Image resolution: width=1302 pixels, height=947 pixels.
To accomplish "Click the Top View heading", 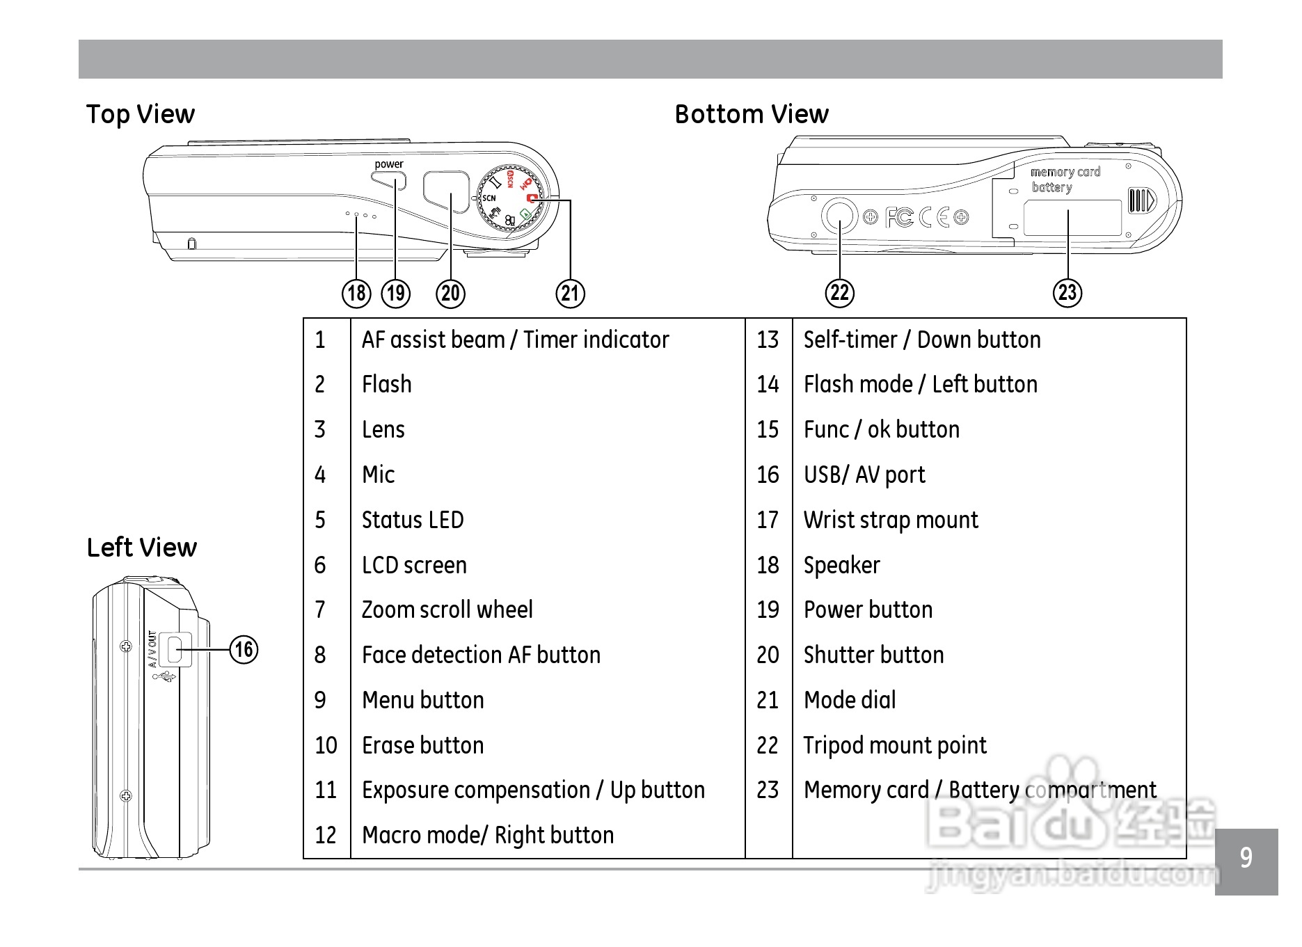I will click(x=140, y=114).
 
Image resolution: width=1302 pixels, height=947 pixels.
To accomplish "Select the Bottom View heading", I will click(x=752, y=114).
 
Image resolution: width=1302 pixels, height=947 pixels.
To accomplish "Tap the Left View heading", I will click(x=141, y=548).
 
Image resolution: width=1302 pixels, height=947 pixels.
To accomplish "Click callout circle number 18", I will click(x=356, y=293).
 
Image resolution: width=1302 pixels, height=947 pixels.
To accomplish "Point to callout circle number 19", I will click(x=396, y=293).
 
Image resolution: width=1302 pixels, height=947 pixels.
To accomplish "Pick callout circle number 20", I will click(x=450, y=293).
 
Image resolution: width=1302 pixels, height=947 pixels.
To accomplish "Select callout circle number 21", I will click(x=570, y=293).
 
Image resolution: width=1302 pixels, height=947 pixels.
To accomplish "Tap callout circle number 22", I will click(x=839, y=293).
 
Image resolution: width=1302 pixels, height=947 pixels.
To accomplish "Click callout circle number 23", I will click(x=1067, y=293).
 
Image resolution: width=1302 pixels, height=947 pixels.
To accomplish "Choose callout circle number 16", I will click(x=244, y=649).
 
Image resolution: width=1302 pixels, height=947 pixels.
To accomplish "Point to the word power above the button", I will click(x=388, y=164).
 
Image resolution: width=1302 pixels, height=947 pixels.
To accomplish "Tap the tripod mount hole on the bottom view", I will click(x=839, y=217).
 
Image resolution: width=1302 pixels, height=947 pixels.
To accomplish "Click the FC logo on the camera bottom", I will click(x=899, y=218).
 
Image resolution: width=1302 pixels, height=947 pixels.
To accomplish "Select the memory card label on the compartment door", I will click(x=1065, y=172).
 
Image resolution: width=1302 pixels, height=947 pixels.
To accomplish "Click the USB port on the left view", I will click(x=175, y=649).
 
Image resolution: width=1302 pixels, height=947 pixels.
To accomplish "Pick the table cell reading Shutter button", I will click(x=873, y=655).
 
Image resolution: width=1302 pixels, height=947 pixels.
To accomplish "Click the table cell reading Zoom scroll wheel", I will click(x=447, y=610).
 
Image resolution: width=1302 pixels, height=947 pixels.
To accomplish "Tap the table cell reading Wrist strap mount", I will click(x=890, y=520).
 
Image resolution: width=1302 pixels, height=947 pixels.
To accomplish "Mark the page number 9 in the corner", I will click(x=1246, y=858).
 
